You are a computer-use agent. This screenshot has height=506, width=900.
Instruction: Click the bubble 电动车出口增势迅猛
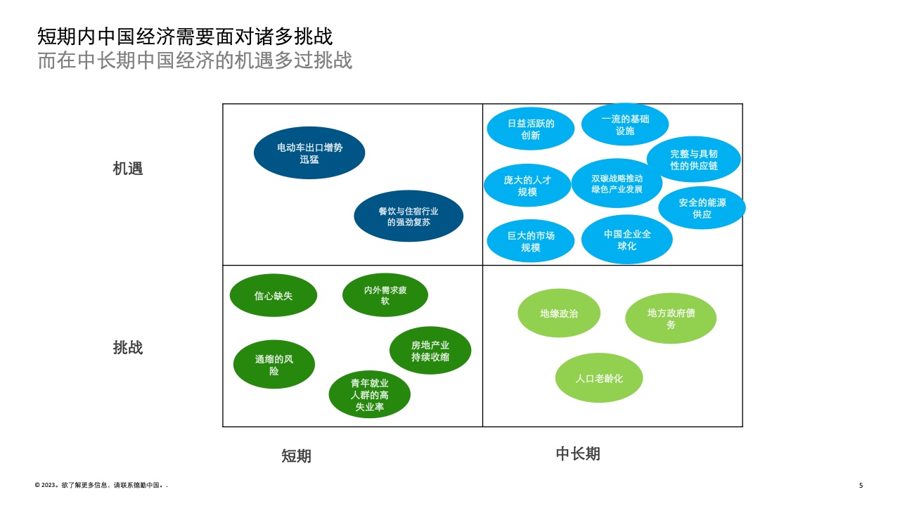(309, 153)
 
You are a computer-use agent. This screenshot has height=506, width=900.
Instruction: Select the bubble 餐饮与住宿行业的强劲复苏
(409, 216)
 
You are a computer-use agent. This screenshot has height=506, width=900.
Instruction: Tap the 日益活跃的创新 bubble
(531, 129)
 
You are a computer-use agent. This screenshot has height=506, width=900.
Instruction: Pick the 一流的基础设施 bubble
(625, 124)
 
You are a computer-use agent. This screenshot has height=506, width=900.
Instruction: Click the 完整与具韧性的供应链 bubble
(694, 160)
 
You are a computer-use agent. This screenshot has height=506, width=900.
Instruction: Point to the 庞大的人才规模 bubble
(527, 186)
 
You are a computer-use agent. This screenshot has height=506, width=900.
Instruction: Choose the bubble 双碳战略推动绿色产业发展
(617, 183)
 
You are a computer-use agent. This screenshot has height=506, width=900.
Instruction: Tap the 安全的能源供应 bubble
(702, 208)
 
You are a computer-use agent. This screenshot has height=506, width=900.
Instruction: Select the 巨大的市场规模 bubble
(531, 241)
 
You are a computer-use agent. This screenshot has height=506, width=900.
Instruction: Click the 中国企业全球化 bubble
(626, 240)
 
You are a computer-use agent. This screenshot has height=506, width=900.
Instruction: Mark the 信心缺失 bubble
(274, 296)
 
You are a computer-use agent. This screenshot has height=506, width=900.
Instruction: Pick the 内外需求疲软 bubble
(385, 295)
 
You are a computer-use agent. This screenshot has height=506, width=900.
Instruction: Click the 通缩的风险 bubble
(274, 365)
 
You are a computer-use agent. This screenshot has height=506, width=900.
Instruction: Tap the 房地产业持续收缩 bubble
(430, 351)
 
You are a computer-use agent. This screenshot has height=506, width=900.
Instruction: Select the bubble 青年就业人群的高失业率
(370, 394)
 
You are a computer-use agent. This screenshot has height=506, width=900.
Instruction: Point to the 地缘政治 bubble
(559, 313)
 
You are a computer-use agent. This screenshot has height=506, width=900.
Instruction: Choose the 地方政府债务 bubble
(671, 318)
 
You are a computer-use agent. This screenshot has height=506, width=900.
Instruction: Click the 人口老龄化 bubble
(599, 378)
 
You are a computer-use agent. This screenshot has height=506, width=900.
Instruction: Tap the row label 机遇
(128, 169)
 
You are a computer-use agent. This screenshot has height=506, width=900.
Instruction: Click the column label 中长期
(578, 454)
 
